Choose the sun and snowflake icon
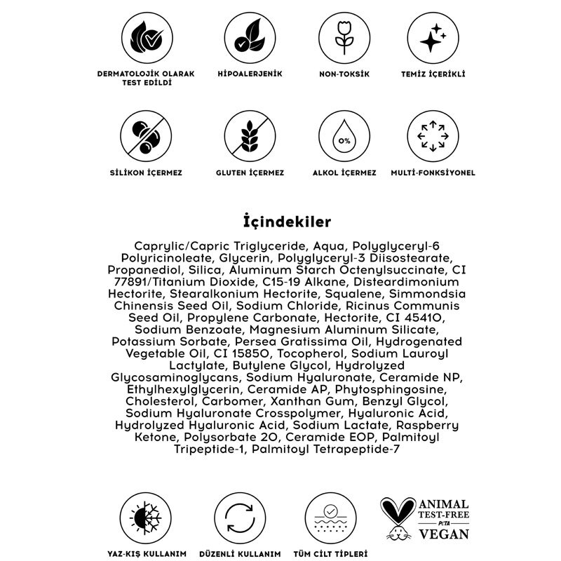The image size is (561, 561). pyautogui.click(x=146, y=520)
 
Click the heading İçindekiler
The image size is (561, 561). pyautogui.click(x=280, y=222)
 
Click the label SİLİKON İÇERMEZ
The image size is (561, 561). pyautogui.click(x=146, y=172)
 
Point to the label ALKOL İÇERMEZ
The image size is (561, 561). pyautogui.click(x=344, y=172)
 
